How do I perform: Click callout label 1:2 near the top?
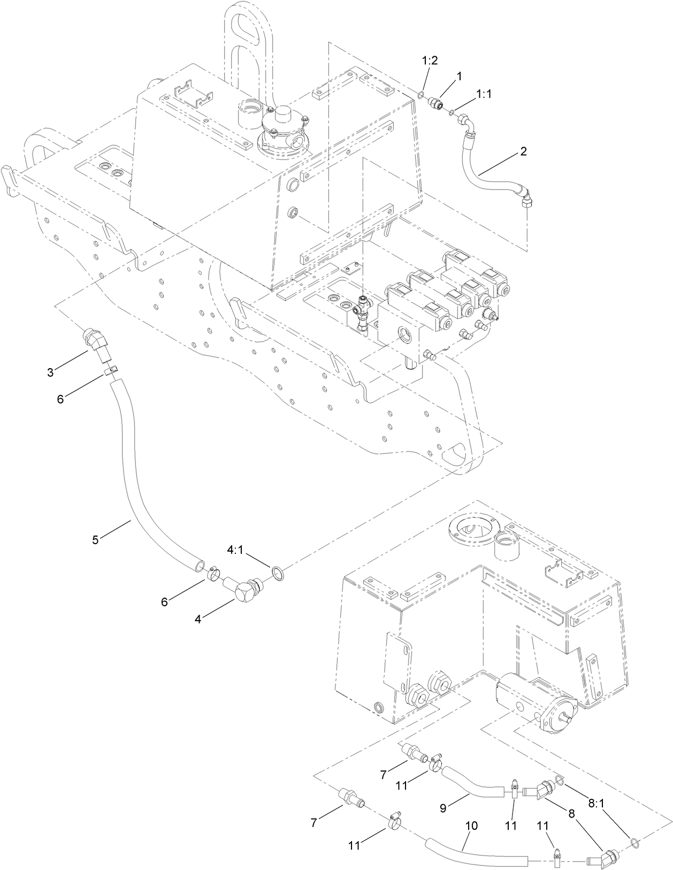[x=430, y=60]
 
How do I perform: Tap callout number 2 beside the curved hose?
[x=523, y=151]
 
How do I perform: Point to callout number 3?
[x=50, y=372]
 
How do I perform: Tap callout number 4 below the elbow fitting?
[x=198, y=619]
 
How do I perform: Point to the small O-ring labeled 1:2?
[x=422, y=96]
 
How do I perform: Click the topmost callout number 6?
[x=60, y=399]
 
